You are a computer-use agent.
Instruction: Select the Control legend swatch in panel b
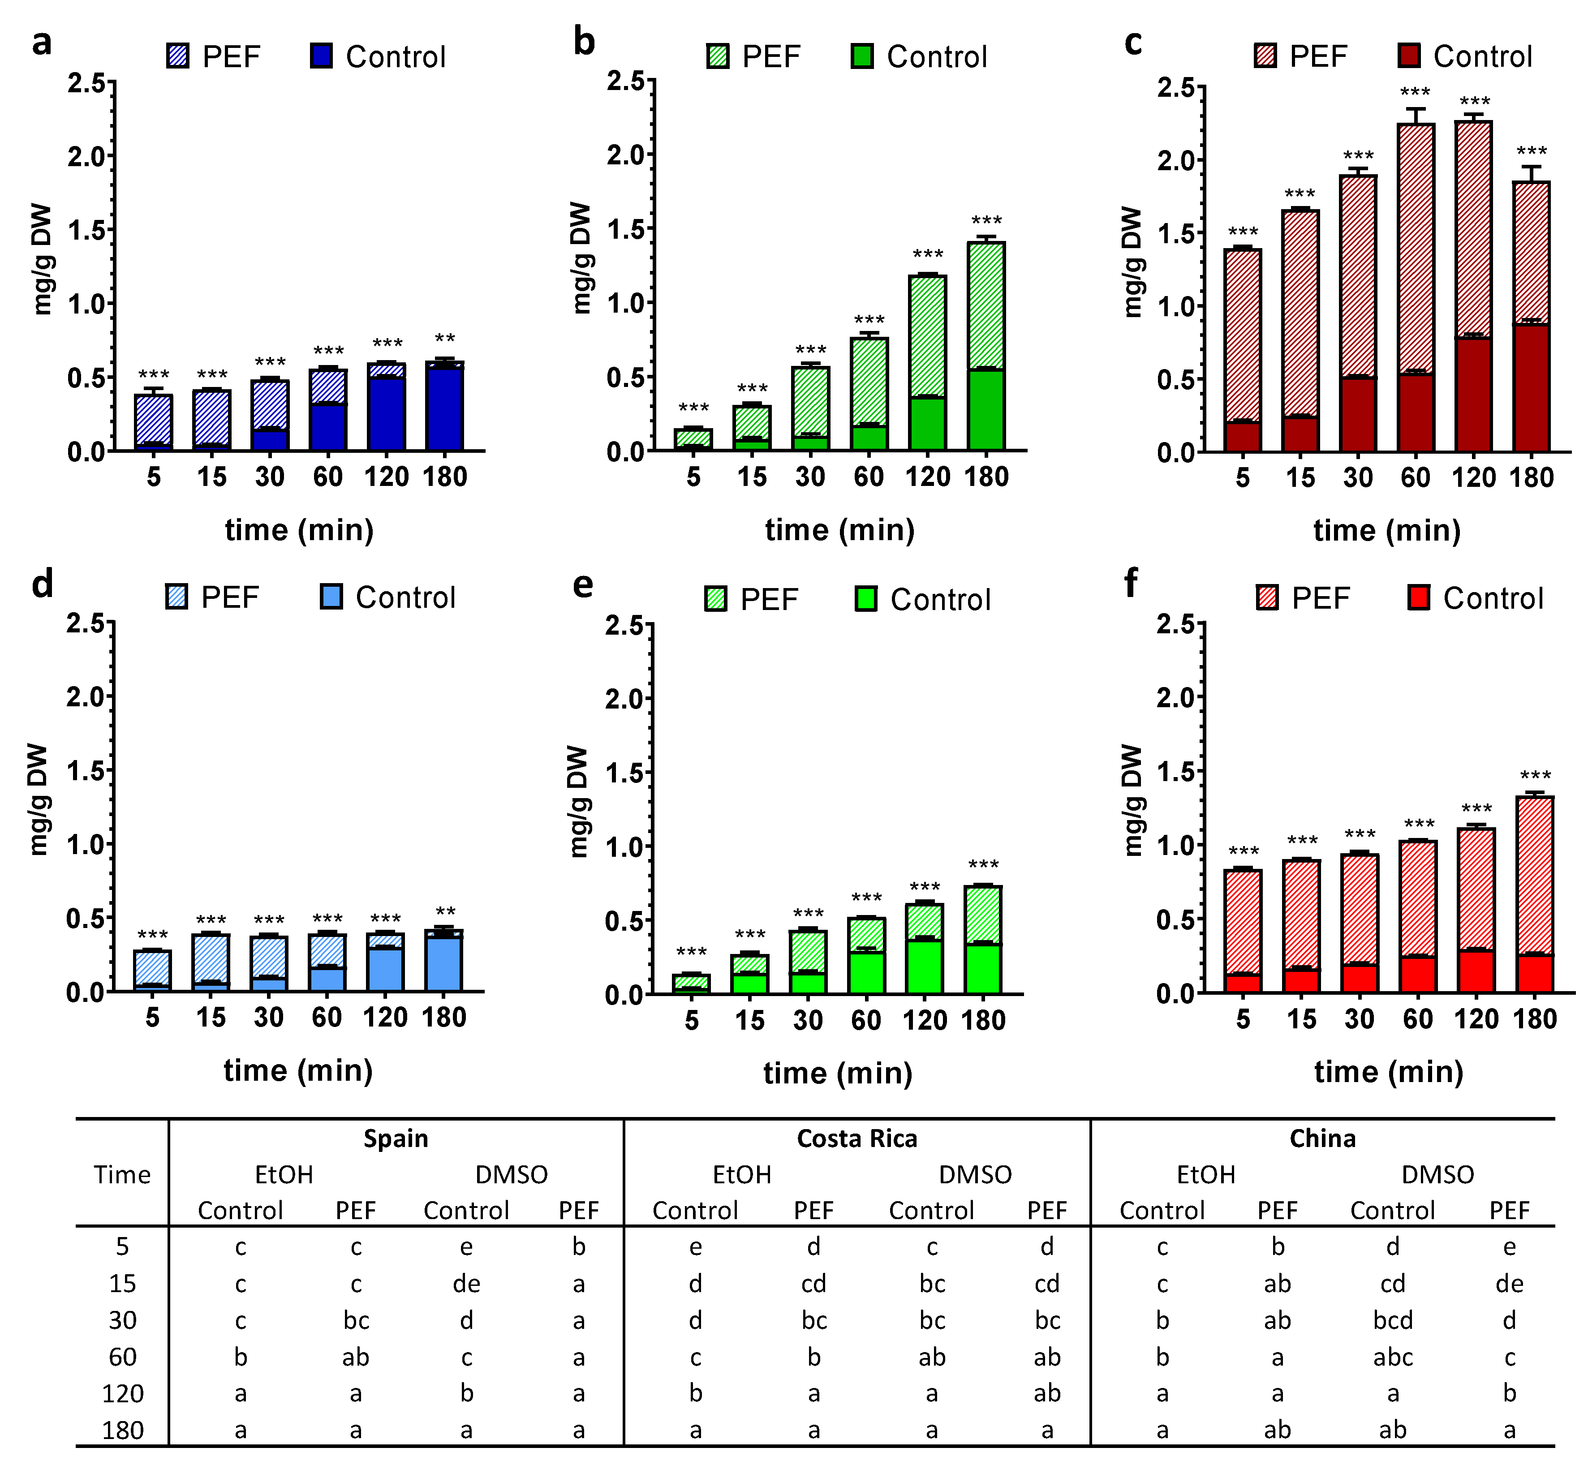[862, 56]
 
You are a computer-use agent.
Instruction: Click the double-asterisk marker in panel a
[445, 340]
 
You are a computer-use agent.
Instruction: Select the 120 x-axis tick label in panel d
[385, 1017]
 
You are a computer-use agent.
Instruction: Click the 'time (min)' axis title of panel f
[1388, 1072]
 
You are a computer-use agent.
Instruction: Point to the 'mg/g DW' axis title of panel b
[581, 258]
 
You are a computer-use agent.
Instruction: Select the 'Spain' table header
[396, 1138]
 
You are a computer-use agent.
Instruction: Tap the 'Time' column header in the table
[122, 1174]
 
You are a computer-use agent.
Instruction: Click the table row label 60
[122, 1357]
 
